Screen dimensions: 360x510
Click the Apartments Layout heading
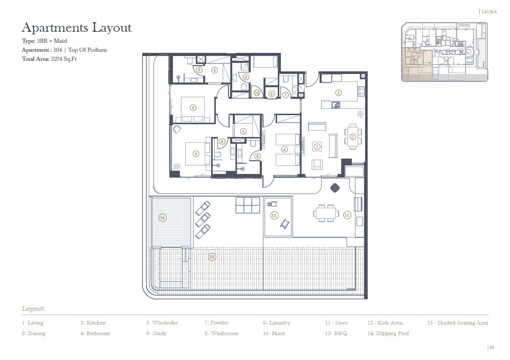click(x=76, y=27)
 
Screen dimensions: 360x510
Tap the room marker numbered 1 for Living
click(x=317, y=146)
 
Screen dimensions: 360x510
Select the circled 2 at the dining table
click(x=352, y=137)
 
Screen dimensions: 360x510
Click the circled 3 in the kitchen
click(x=339, y=93)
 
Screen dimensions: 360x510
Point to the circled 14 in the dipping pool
click(x=162, y=218)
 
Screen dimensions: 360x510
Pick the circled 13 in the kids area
click(x=274, y=215)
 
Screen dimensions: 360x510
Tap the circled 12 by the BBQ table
click(x=347, y=215)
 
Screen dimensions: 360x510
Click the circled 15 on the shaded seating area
click(x=212, y=257)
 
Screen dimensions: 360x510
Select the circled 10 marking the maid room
click(x=257, y=94)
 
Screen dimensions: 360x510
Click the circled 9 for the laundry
click(x=271, y=94)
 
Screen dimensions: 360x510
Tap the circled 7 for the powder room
click(x=285, y=95)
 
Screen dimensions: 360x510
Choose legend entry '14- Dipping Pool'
click(x=388, y=334)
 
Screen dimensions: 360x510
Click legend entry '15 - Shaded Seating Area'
click(x=457, y=322)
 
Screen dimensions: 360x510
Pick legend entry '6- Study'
click(x=156, y=334)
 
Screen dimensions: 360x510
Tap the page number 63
click(x=491, y=347)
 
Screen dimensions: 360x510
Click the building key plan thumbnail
click(x=444, y=51)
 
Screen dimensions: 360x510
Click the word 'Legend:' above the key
click(x=33, y=309)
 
